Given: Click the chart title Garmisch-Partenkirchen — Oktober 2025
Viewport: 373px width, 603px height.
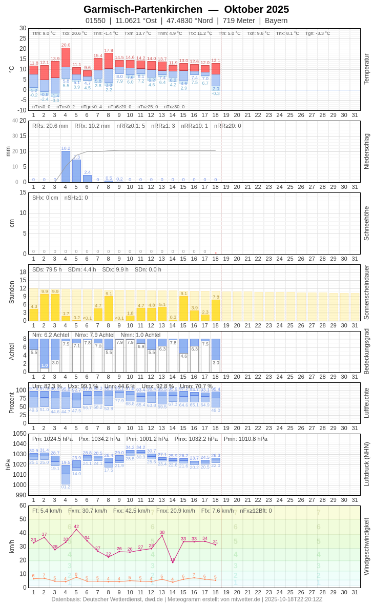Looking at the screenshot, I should coord(186,9).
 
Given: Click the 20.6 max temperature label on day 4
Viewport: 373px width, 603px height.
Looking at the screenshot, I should coord(66,45).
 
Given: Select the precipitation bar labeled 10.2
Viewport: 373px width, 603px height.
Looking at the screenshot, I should coord(66,166).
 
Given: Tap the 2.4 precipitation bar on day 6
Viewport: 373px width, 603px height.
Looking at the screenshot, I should coord(87,179).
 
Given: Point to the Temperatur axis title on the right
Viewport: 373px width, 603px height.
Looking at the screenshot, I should coord(366,69).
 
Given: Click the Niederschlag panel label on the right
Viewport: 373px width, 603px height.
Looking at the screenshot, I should coord(366,151).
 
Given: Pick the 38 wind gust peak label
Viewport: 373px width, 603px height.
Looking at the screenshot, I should coord(162,532).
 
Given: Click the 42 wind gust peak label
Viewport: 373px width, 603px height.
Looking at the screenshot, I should coord(76,527).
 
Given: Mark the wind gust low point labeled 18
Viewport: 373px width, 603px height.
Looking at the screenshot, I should coord(173,559).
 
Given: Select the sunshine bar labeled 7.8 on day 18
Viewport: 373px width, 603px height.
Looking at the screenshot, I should coord(216,310).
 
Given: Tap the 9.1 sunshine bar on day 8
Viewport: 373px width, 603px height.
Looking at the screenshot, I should coord(109,308).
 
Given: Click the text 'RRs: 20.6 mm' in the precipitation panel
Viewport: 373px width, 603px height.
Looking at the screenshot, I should coord(50,126).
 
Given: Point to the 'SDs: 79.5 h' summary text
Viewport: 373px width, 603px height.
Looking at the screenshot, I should coord(47,269).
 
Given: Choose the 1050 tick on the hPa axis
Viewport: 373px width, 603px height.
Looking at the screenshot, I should coord(19,434).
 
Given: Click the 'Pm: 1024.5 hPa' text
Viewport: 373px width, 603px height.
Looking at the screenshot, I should coord(51,439).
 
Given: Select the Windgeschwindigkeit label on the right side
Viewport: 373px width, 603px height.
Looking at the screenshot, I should coord(366,546).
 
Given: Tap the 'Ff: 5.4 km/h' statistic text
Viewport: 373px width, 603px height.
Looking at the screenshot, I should coord(47,511).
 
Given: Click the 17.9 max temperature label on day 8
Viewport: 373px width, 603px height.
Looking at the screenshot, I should coord(109,51).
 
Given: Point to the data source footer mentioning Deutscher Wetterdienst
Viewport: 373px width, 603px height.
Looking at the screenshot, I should coord(186,599).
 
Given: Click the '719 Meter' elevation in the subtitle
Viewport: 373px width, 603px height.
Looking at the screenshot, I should coord(239,21).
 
